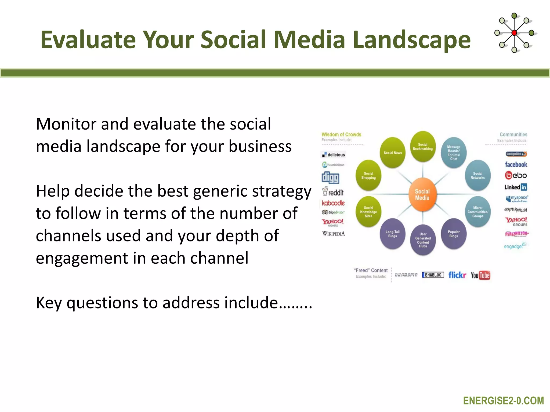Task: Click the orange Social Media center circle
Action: (422, 195)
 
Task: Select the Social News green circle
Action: (393, 153)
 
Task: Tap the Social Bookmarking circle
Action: (423, 147)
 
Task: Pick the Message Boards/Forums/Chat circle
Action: (454, 153)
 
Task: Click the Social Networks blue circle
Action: (477, 176)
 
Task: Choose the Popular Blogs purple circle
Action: (454, 234)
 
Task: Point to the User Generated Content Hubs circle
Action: (423, 240)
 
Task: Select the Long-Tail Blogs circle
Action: (392, 234)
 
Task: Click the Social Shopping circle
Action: (368, 176)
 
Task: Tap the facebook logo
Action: (516, 164)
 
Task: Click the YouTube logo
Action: (480, 275)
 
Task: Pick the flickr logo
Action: (457, 275)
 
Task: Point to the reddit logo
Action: (333, 192)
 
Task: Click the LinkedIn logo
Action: (516, 187)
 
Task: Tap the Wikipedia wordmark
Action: (333, 234)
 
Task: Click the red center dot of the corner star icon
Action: (514, 33)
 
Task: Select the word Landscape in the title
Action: (411, 40)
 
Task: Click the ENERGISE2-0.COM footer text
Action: (503, 401)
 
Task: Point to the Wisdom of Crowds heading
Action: (341, 134)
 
